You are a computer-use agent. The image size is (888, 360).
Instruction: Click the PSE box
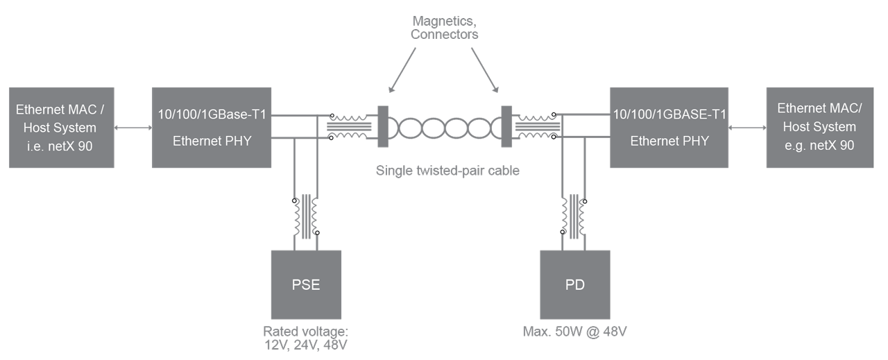306,284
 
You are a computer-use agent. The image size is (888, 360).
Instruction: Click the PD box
574,284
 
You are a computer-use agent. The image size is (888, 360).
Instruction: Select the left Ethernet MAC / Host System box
60,128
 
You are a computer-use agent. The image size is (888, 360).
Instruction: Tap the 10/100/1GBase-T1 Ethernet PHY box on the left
212,128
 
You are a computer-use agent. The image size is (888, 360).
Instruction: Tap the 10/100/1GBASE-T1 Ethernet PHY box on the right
669,128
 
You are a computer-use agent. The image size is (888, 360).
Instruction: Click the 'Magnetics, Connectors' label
444,27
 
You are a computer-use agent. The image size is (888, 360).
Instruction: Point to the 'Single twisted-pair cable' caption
444,169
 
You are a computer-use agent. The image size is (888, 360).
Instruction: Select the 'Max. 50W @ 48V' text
575,331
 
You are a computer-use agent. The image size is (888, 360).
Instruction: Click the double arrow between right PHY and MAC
747,128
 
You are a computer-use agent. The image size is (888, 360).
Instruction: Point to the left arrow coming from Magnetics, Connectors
404,71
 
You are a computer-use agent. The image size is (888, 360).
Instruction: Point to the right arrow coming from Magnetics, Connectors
484,71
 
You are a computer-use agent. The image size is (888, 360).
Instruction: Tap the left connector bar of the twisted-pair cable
382,127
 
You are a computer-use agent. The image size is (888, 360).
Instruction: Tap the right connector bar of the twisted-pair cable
506,127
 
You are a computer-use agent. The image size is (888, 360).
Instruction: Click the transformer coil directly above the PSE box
306,217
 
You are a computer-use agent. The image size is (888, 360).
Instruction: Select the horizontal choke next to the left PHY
348,127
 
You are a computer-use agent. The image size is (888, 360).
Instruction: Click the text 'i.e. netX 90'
60,145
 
